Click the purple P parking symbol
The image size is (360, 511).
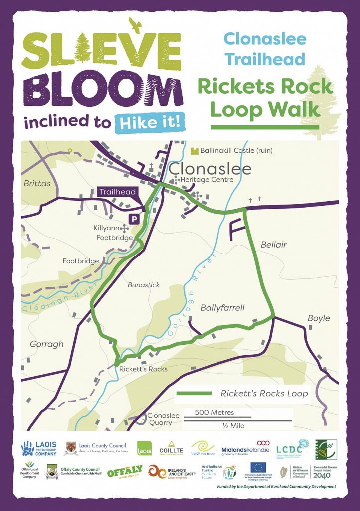134,218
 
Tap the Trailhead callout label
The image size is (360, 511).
117,192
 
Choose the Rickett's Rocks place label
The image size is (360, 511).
143,369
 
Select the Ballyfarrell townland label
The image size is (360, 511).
222,308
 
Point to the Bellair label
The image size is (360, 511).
273,245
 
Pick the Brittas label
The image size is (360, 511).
37,183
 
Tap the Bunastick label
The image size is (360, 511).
144,285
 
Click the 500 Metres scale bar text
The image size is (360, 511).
215,413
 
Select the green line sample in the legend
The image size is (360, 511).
195,393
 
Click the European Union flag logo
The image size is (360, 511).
258,467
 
